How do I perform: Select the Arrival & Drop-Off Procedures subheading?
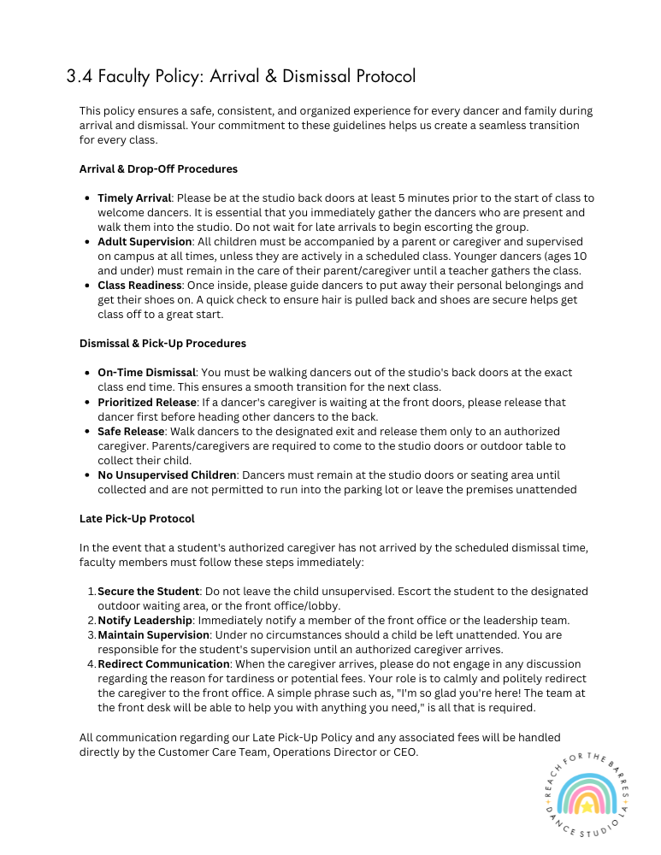(x=158, y=168)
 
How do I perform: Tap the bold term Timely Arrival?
(x=134, y=198)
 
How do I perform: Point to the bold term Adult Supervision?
(x=145, y=242)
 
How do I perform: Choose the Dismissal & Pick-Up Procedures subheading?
(x=162, y=343)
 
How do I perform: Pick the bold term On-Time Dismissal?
(x=147, y=373)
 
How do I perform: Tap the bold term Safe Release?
(x=131, y=432)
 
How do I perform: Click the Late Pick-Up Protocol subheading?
(x=137, y=518)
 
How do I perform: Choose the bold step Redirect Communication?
(x=163, y=664)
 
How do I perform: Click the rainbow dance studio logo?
(x=587, y=794)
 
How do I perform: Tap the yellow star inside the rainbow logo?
(x=587, y=805)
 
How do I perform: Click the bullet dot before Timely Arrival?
(x=88, y=198)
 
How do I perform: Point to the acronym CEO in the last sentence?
(x=404, y=752)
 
